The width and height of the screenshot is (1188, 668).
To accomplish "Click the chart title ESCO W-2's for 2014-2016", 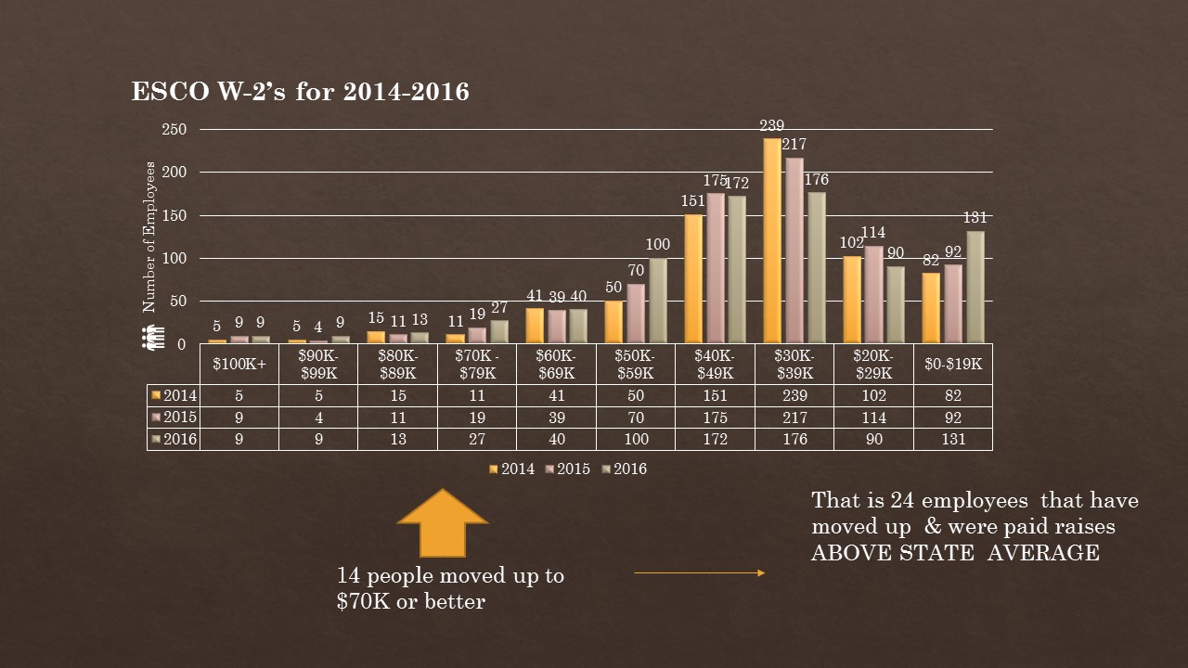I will [x=300, y=92].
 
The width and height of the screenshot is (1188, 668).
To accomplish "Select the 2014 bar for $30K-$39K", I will [x=772, y=241].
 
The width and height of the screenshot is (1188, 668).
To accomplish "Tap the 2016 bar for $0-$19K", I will [x=975, y=288].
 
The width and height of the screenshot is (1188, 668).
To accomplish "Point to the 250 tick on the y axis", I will [x=174, y=130].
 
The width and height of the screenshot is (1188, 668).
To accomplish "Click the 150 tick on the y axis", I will [x=174, y=215].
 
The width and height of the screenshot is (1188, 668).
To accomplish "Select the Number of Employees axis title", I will [x=148, y=237].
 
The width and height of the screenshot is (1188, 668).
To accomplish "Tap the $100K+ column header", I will [x=239, y=364].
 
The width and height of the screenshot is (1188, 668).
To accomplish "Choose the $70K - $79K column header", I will [x=477, y=364].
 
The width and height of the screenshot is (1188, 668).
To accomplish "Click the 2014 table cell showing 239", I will [x=794, y=395].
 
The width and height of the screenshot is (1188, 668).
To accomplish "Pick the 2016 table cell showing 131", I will [x=953, y=439].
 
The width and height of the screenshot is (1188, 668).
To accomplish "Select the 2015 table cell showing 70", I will [x=636, y=417].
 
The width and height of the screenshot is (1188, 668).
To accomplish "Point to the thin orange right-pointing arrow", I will [x=699, y=573].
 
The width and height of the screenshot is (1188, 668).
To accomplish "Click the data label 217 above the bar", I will [x=794, y=145].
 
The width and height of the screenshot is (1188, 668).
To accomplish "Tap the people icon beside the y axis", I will [x=153, y=337].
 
